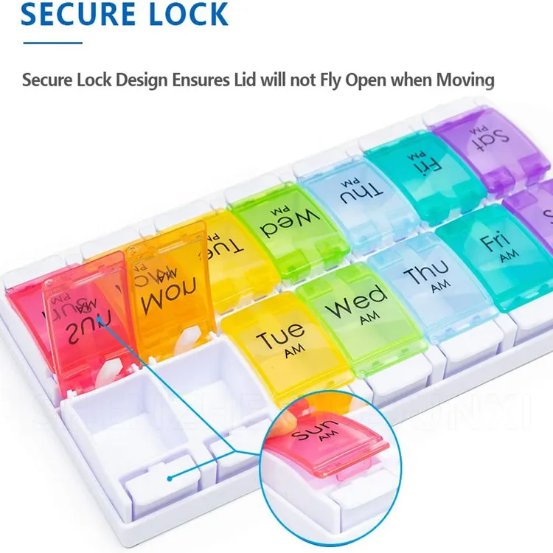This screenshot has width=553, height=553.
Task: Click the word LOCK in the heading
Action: point(184,14)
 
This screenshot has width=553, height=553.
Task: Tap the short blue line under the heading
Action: point(52,42)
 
